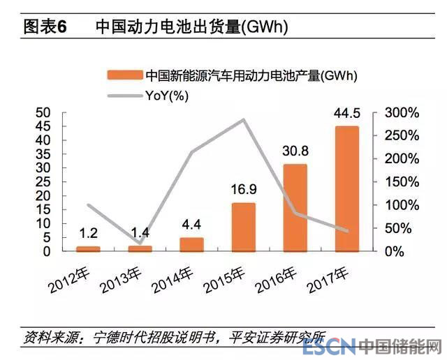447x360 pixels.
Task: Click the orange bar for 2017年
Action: (346, 188)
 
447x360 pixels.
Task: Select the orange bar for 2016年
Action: (295, 207)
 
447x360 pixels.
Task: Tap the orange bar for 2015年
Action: (243, 227)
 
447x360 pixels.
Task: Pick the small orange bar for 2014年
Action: (191, 244)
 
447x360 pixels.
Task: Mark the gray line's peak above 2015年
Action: (243, 119)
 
